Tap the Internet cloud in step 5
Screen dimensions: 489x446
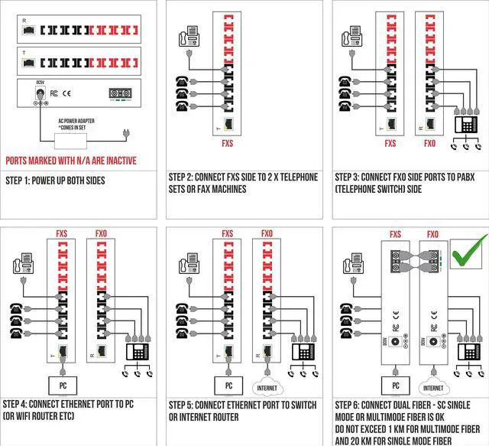click(x=267, y=386)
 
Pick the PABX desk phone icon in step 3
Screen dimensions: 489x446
click(x=467, y=122)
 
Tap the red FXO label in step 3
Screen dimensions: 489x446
click(x=430, y=142)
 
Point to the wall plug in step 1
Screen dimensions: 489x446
click(x=125, y=136)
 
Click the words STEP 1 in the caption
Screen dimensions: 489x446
click(x=20, y=181)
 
